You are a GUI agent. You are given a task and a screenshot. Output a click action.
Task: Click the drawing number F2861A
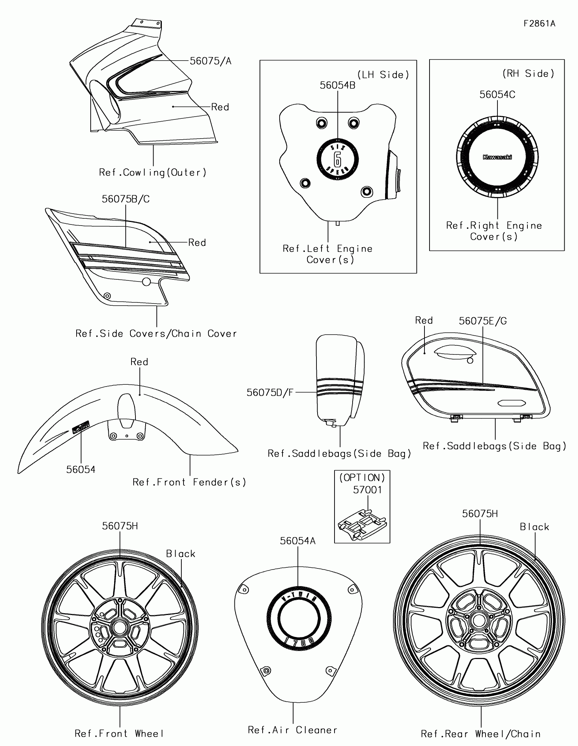click(x=539, y=24)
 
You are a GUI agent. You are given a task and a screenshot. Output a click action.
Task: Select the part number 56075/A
click(x=211, y=61)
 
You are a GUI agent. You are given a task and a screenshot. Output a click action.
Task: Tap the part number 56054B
click(x=337, y=85)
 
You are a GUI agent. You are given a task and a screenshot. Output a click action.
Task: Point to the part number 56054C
click(x=497, y=95)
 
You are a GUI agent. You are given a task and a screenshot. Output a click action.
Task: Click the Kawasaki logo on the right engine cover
click(x=497, y=157)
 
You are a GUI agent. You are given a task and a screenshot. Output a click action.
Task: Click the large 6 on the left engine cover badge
click(x=337, y=158)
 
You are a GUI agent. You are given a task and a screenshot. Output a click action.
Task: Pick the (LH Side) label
click(x=383, y=75)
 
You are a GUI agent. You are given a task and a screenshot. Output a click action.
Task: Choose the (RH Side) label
click(x=528, y=74)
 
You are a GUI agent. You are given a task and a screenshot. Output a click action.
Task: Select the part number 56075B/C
click(x=125, y=199)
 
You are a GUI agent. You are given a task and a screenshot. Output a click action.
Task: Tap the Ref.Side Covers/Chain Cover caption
click(x=156, y=333)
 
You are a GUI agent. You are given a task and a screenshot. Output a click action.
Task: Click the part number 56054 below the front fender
click(x=81, y=470)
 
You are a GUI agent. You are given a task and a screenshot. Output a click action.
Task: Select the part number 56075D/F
click(x=270, y=393)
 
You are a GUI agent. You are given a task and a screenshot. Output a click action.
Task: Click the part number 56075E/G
click(x=483, y=321)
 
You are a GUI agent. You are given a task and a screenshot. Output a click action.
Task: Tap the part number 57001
click(x=367, y=490)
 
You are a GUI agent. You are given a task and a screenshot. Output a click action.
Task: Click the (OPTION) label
click(x=362, y=478)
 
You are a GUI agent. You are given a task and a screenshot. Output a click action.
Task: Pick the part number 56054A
click(x=298, y=541)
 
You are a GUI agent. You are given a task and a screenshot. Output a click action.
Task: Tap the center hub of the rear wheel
click(x=479, y=621)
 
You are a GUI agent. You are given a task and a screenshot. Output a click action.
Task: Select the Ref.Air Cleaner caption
click(x=293, y=730)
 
